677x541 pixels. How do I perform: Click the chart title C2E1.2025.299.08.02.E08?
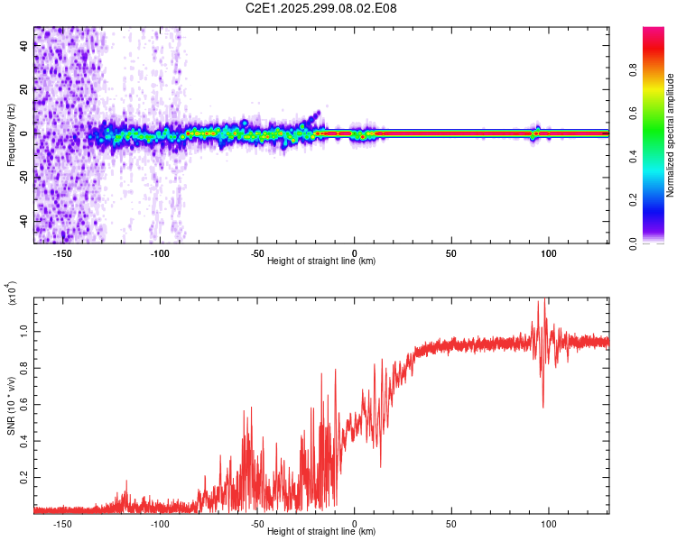click(x=321, y=8)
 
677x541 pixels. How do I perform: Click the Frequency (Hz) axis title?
click(x=11, y=135)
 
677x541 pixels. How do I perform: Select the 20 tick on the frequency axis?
click(x=24, y=89)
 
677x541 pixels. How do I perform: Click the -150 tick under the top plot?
click(x=62, y=252)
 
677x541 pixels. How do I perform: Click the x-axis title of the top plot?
click(x=321, y=261)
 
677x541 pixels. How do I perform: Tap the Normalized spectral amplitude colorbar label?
click(x=670, y=135)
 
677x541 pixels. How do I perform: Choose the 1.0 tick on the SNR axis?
click(x=24, y=332)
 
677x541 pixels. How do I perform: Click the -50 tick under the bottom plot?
click(x=256, y=523)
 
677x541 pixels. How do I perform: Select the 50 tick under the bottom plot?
click(x=450, y=523)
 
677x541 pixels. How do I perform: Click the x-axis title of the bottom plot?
click(x=321, y=532)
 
